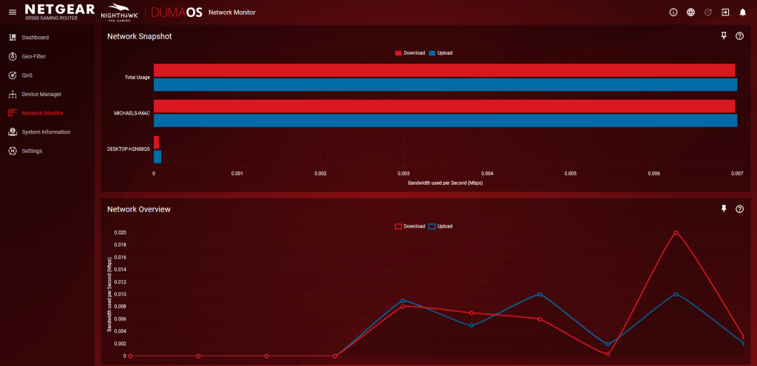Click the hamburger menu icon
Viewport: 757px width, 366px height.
(12, 13)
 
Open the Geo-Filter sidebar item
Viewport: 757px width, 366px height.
(35, 56)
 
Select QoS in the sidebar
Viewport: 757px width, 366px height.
(27, 75)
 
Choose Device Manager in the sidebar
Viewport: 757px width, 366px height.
(41, 94)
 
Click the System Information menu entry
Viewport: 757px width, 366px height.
(46, 132)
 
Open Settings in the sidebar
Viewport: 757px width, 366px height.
(32, 151)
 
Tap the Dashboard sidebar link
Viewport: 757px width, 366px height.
(35, 37)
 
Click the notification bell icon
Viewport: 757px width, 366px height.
(742, 13)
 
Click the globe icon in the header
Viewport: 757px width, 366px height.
(690, 13)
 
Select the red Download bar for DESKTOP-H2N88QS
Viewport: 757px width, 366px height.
(156, 142)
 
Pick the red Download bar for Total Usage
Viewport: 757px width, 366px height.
(444, 70)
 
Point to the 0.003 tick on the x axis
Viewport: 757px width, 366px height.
(404, 173)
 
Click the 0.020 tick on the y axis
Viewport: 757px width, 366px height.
(120, 232)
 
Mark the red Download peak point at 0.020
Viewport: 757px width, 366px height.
(676, 233)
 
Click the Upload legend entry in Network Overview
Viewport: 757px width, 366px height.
(440, 226)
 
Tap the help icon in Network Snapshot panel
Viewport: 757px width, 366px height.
(739, 36)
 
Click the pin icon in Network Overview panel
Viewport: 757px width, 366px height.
(724, 209)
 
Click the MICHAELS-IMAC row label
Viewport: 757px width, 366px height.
(132, 113)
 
